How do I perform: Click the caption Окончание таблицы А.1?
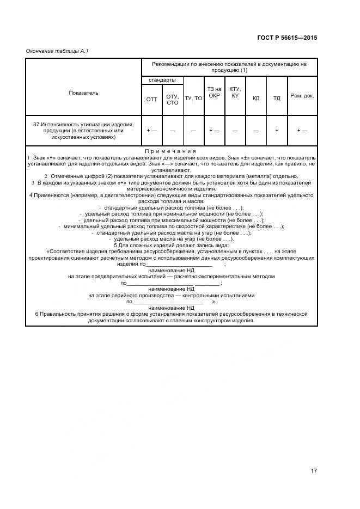(57, 51)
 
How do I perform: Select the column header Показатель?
(83, 93)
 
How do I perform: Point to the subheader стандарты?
(162, 80)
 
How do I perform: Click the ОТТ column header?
(151, 100)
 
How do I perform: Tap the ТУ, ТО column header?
(193, 99)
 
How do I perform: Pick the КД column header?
(256, 99)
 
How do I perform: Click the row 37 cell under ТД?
(277, 131)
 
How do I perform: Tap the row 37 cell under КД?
(256, 131)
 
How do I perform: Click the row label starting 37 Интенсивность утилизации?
(83, 131)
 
